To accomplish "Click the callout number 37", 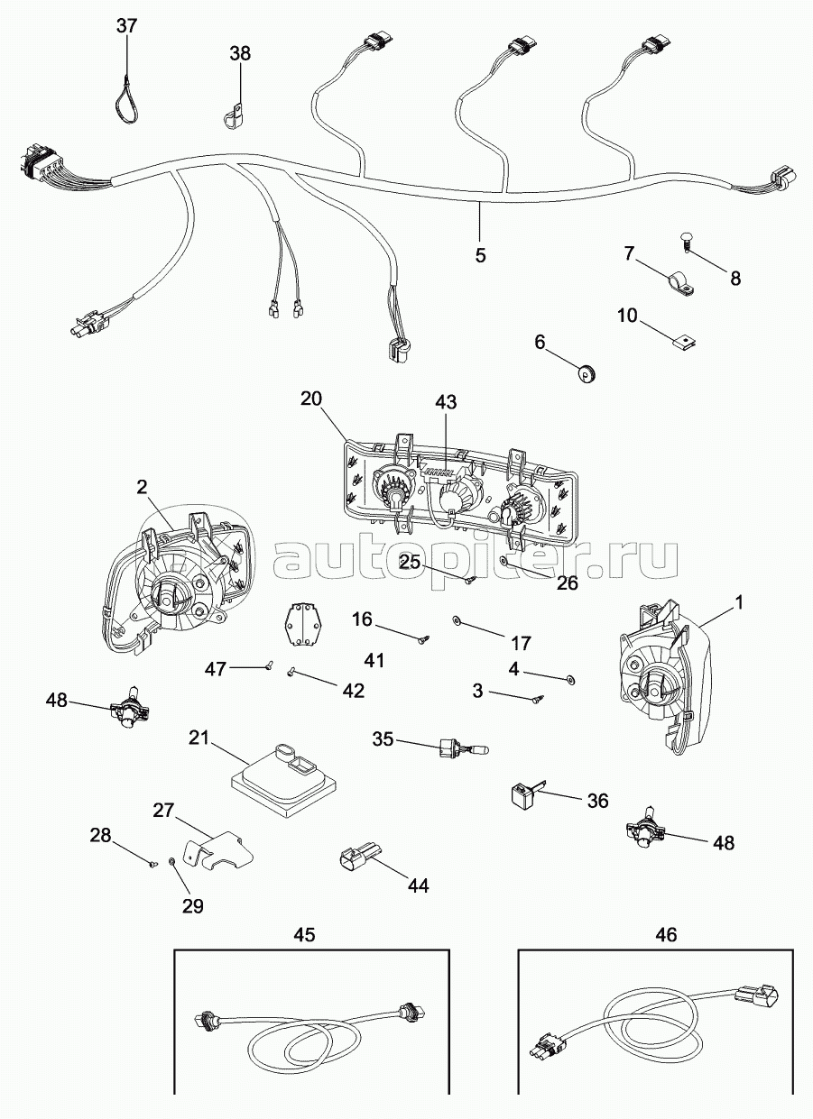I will coord(127,25).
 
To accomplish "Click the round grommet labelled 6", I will coord(588,371).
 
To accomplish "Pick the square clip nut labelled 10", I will coord(688,339).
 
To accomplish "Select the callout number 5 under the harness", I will coord(480,255).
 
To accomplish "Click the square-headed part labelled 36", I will coord(521,794).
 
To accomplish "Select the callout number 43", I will coord(447,401).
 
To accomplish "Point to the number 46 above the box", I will coord(666,936).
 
